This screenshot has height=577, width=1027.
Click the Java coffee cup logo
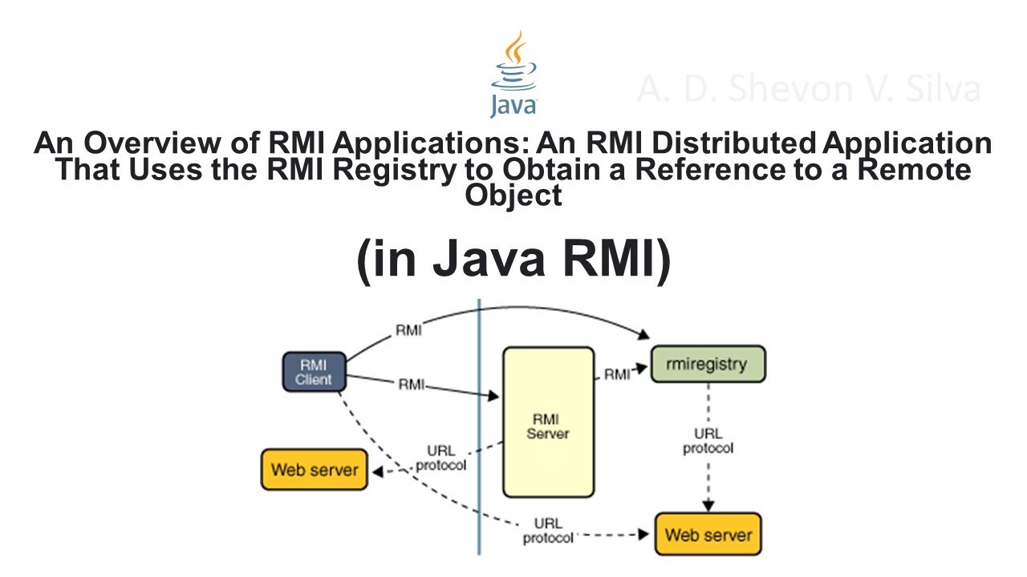pos(513,74)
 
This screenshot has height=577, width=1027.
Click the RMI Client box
pos(314,372)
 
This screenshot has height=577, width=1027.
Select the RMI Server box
pos(548,422)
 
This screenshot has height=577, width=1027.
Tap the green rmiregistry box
pos(707,364)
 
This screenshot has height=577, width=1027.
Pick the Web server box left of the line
pos(315,470)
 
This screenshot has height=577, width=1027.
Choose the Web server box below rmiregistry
pos(708,535)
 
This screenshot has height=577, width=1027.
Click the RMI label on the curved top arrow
pos(408,330)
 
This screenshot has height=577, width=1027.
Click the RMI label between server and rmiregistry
pos(617,374)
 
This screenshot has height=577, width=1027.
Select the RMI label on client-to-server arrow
pos(412,385)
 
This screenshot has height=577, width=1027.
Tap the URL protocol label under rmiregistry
pos(708,442)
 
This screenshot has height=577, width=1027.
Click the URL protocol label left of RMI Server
pos(440,458)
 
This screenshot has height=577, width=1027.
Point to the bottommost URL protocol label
pos(548,531)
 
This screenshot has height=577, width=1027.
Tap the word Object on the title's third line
pos(513,196)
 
